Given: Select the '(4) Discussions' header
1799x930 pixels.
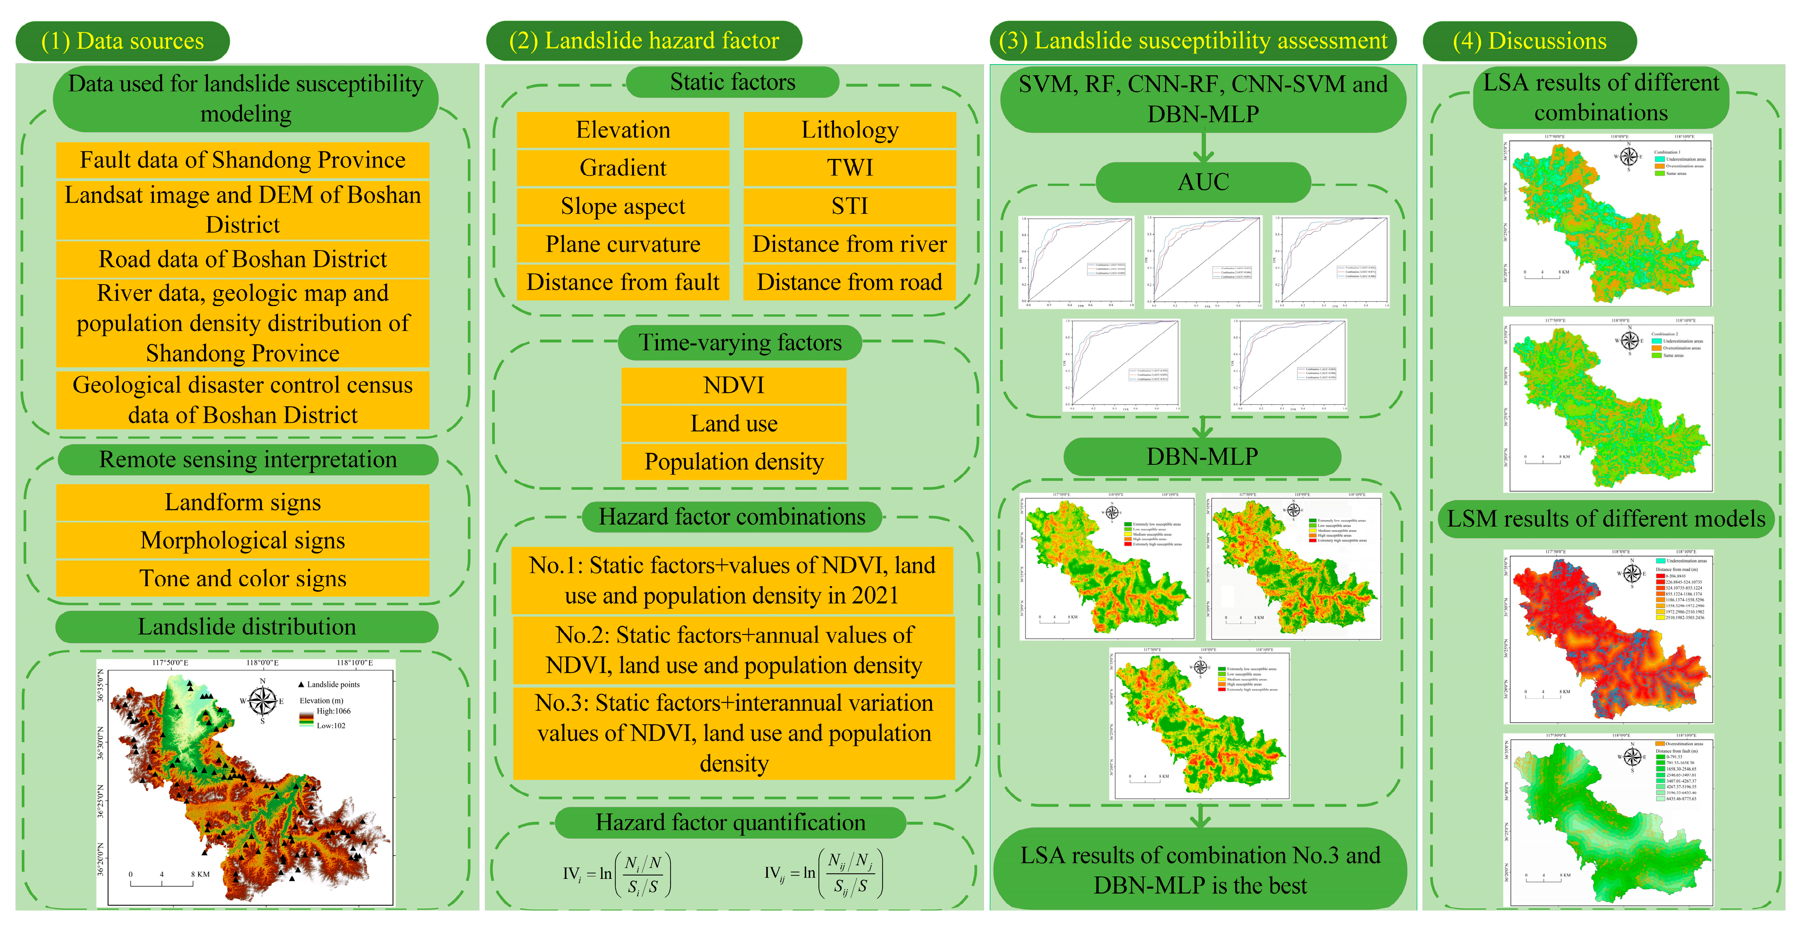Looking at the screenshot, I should [x=1530, y=41].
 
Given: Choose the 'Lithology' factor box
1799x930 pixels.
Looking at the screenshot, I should [x=849, y=130].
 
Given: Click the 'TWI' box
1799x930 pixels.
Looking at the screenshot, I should [x=849, y=168].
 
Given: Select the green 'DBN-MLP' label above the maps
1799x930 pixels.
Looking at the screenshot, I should [x=1202, y=457].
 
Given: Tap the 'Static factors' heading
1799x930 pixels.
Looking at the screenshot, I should [x=733, y=82].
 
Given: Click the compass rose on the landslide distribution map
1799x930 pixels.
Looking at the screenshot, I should [x=263, y=701].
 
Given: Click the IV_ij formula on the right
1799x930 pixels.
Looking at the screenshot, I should [x=824, y=874].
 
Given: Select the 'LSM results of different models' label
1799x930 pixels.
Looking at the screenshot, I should [x=1605, y=519].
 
